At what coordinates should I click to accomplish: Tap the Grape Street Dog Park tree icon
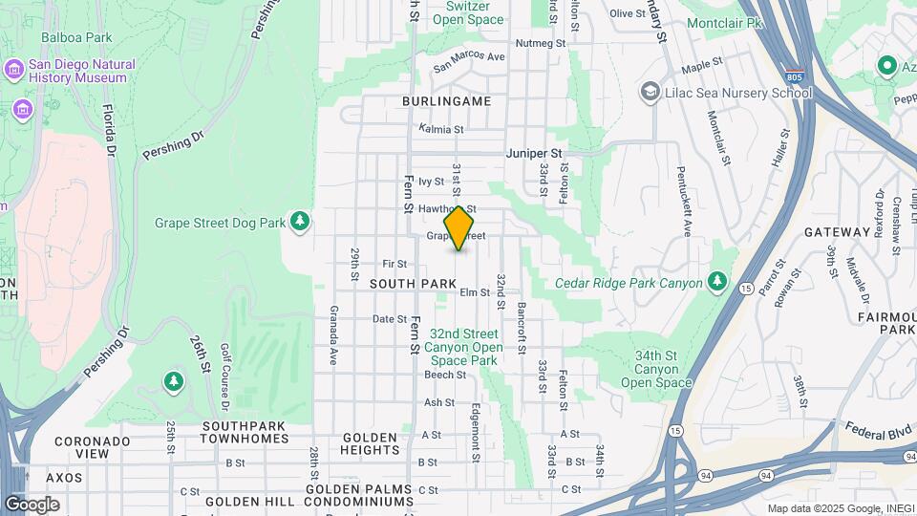click(x=301, y=222)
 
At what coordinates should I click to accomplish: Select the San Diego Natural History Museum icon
click(x=14, y=70)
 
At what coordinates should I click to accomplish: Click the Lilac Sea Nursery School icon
click(x=650, y=92)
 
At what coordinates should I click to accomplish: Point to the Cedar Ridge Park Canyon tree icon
click(x=718, y=283)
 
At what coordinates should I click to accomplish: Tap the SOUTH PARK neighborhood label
click(x=413, y=284)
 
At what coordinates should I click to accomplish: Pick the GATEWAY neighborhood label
click(x=836, y=232)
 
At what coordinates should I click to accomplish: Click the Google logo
click(x=32, y=504)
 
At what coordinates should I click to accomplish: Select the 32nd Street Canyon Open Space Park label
click(x=463, y=347)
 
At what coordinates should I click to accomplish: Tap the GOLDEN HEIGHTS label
click(x=370, y=443)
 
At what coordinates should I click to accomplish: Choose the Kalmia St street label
click(x=441, y=129)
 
